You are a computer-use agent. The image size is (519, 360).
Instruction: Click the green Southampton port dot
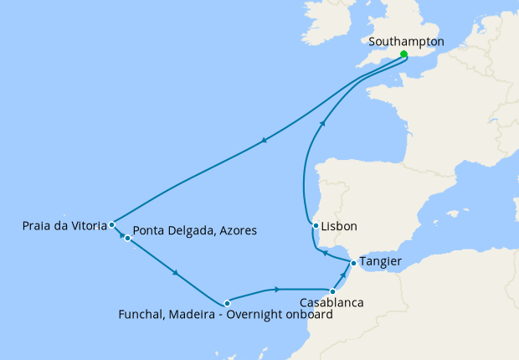[x=403, y=54]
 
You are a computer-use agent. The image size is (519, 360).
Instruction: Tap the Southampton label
[x=406, y=41]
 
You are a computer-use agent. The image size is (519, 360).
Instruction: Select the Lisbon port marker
[x=315, y=226]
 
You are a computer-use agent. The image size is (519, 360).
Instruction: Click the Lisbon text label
[x=339, y=227]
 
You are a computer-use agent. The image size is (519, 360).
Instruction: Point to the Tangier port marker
[x=352, y=264]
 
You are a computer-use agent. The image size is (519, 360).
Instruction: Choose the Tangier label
[x=380, y=262]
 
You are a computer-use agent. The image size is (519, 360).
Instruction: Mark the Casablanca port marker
[x=332, y=291]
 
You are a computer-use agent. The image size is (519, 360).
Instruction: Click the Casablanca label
[x=331, y=303]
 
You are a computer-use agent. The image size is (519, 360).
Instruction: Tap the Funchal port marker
[x=227, y=303]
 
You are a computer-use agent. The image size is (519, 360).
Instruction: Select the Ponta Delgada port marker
[x=127, y=239]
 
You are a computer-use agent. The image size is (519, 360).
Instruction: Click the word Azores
[x=237, y=230]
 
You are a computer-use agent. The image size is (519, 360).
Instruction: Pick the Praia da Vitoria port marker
[x=111, y=224]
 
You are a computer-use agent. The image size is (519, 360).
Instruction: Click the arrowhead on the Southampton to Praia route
[x=265, y=141]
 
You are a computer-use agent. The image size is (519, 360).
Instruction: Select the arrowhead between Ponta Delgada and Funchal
[x=175, y=273]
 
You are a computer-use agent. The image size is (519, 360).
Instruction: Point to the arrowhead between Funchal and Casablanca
[x=276, y=290]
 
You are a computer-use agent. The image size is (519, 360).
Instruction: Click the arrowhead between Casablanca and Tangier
[x=343, y=275]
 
